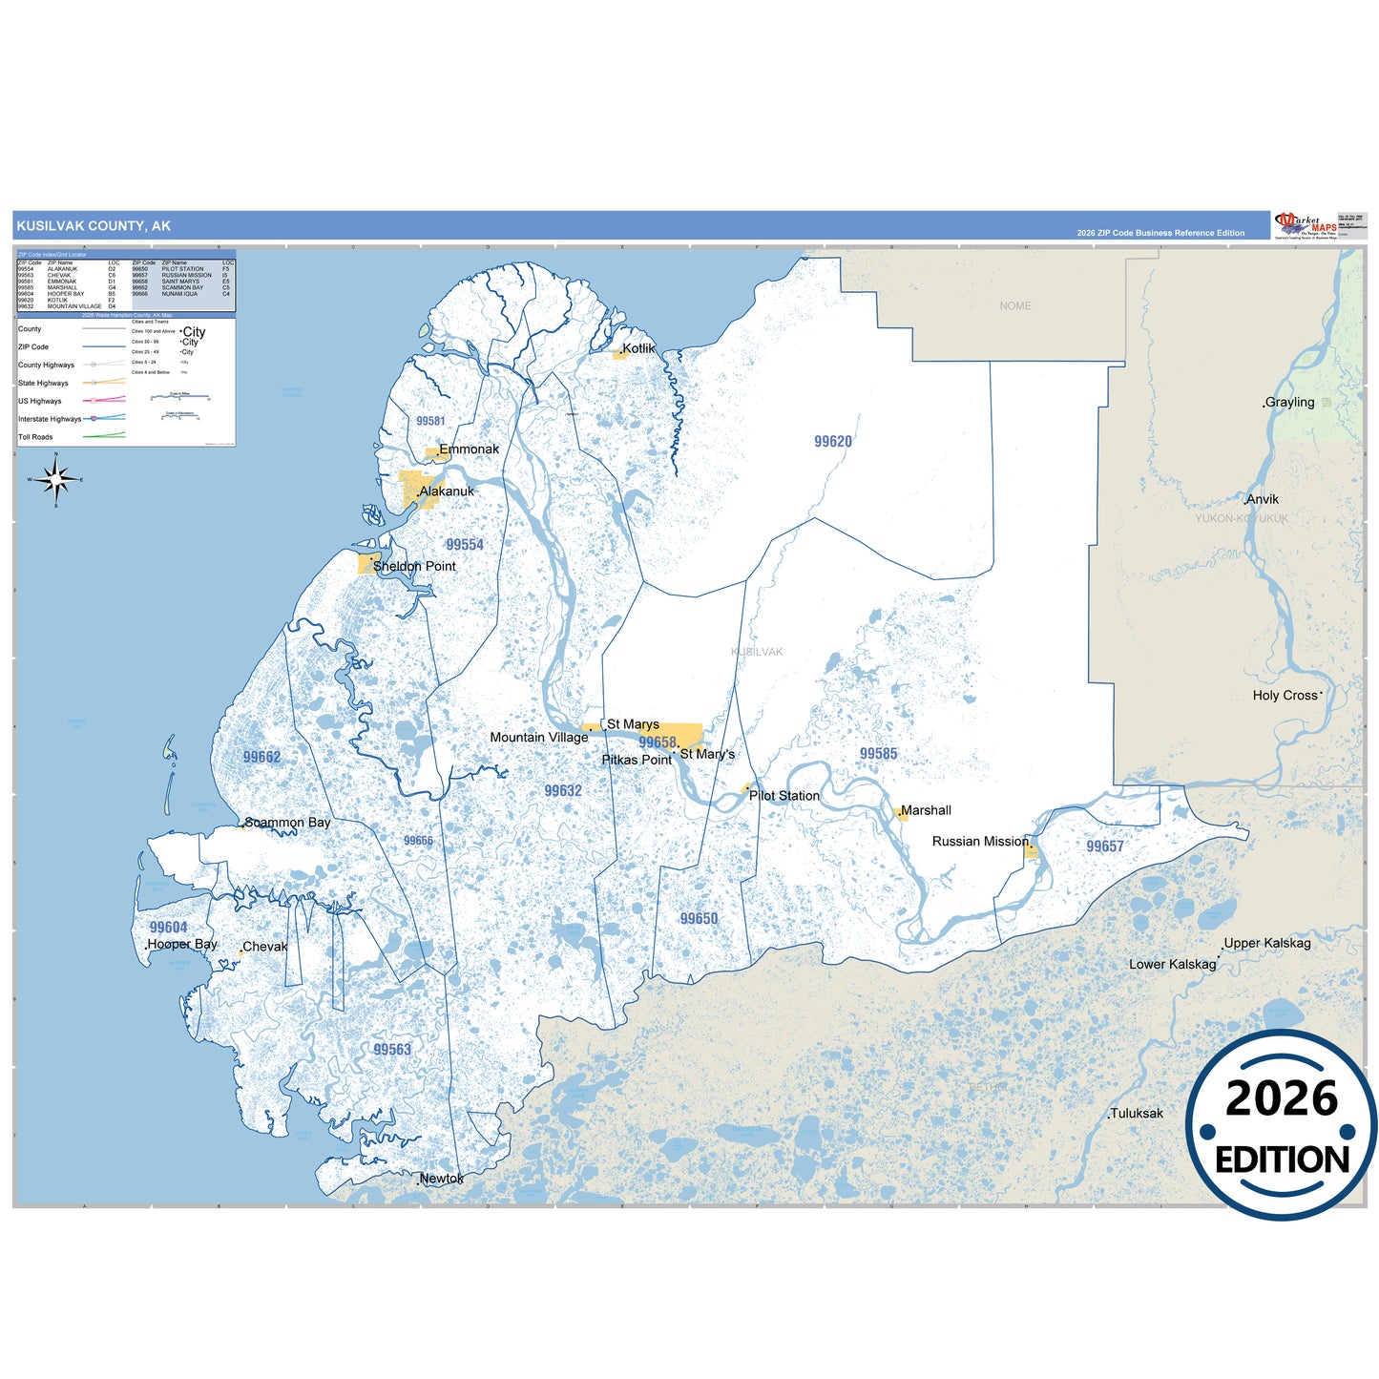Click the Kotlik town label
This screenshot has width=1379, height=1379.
(x=639, y=348)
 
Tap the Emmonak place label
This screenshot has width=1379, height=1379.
(x=469, y=449)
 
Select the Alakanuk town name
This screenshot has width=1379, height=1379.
(x=447, y=491)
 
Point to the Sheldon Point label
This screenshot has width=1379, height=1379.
(x=414, y=566)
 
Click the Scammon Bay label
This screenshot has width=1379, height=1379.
(x=288, y=823)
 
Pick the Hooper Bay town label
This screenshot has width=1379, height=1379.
(x=182, y=944)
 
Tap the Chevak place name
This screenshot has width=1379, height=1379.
(x=265, y=947)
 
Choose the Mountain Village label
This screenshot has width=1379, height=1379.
(x=539, y=738)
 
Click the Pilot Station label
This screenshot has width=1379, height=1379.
(x=784, y=796)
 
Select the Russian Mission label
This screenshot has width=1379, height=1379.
(x=980, y=842)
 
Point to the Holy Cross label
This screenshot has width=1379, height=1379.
(x=1285, y=696)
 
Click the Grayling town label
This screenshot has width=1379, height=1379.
(x=1289, y=403)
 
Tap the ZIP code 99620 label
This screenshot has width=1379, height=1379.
(x=833, y=442)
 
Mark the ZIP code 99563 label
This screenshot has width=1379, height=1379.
(x=392, y=1050)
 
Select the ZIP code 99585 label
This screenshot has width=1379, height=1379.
(x=878, y=754)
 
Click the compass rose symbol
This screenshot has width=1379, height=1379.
(x=56, y=479)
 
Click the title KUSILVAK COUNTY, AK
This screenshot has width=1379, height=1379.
(x=94, y=226)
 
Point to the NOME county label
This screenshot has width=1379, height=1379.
(x=1015, y=306)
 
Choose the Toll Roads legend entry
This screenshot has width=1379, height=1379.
(x=35, y=437)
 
